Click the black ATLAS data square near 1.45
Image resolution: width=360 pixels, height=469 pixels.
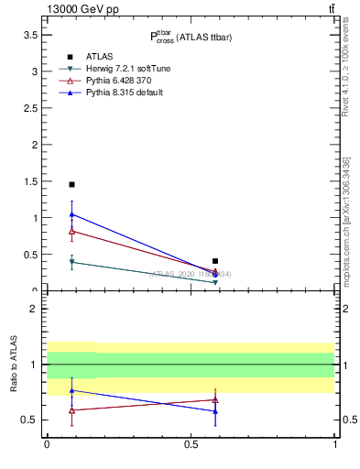click(x=71, y=184)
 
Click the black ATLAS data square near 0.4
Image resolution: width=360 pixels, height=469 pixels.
click(x=215, y=261)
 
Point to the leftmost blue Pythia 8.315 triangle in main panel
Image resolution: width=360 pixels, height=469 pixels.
click(x=71, y=214)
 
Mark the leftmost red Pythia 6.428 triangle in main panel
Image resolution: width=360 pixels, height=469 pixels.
click(x=71, y=231)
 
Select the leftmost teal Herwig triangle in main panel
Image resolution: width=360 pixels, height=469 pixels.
click(x=71, y=262)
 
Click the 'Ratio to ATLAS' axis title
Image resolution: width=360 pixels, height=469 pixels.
click(x=14, y=364)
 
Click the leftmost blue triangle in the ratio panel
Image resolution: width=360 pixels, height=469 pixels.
click(x=71, y=390)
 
